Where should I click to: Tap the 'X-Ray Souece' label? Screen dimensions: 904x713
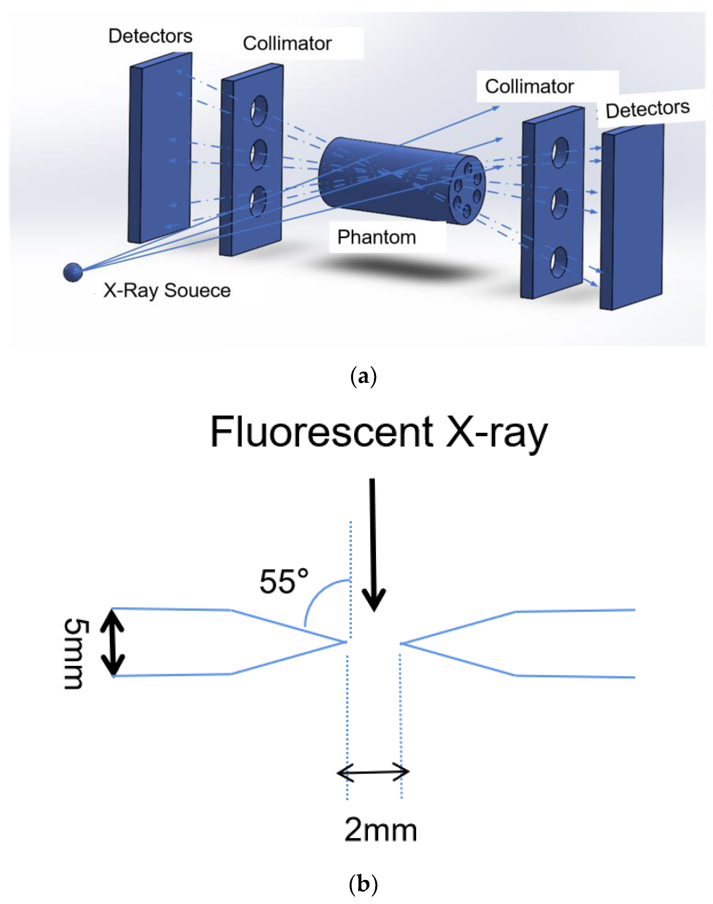point(167,290)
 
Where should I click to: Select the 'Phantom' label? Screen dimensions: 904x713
point(377,237)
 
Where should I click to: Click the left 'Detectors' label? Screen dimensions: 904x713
point(150,36)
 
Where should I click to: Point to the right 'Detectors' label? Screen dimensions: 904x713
point(647,109)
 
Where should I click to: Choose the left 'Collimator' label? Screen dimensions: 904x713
point(287,43)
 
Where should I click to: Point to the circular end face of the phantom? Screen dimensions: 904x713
point(467,190)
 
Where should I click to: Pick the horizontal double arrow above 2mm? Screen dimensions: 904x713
point(373,773)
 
